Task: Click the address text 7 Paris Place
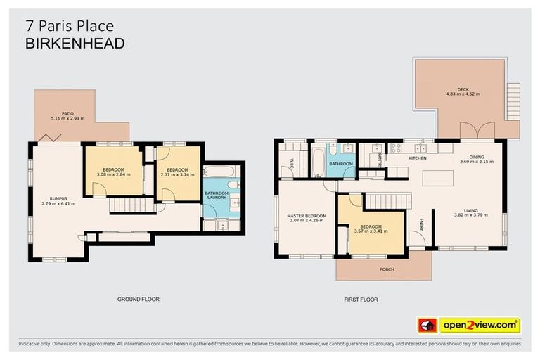[69, 26]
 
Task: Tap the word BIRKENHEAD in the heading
[75, 44]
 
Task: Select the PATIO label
[67, 113]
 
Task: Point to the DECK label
[462, 89]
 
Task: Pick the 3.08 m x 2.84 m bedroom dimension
[113, 175]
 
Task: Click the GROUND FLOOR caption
[138, 299]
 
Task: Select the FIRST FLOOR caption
[361, 300]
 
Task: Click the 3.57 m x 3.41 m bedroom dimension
[371, 231]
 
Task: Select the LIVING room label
[466, 210]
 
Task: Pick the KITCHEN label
[418, 158]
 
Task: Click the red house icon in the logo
[427, 325]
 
